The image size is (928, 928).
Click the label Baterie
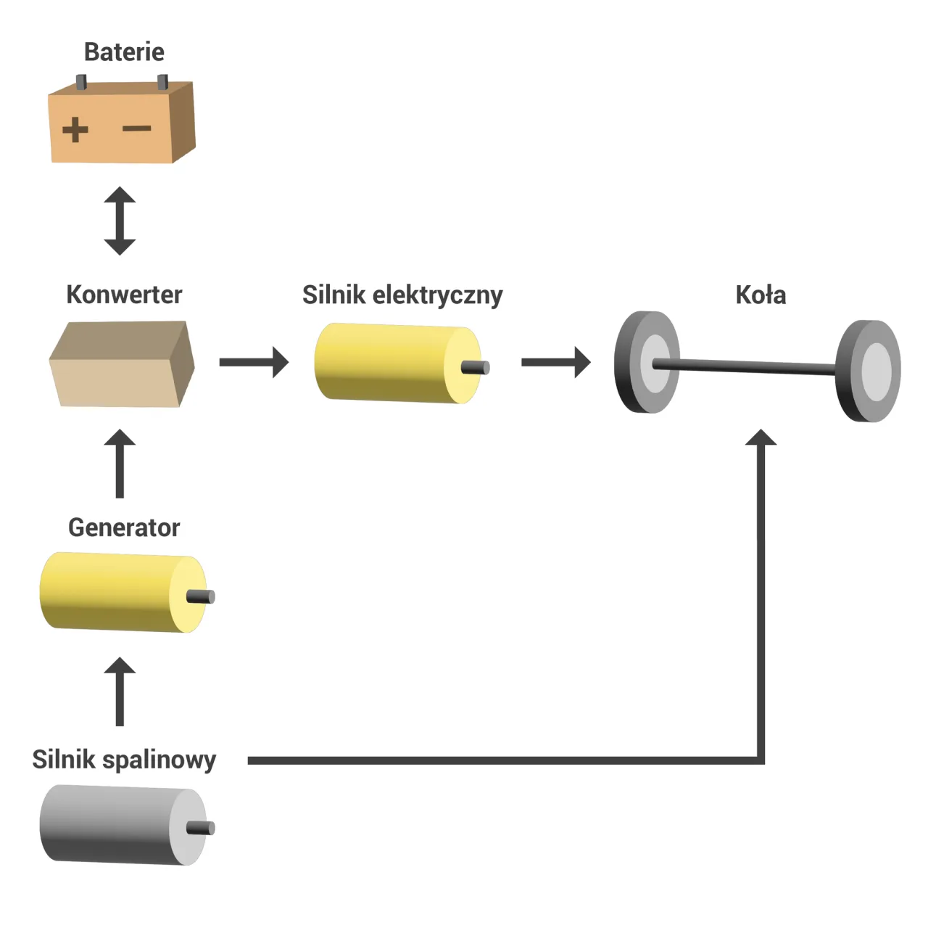tap(124, 52)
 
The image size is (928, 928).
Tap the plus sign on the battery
tap(75, 131)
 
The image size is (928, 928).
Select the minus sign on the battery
tap(136, 129)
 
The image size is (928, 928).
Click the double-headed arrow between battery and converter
tap(120, 221)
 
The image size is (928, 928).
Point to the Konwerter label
tap(124, 295)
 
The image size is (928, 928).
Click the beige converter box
tap(121, 365)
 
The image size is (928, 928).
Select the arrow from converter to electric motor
tap(254, 362)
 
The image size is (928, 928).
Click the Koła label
tap(761, 295)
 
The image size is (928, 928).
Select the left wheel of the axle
tap(647, 363)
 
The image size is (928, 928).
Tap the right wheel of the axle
tap(868, 371)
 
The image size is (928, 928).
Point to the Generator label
tap(124, 527)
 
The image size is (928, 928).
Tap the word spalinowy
tap(159, 760)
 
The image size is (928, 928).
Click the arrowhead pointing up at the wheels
tap(761, 438)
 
